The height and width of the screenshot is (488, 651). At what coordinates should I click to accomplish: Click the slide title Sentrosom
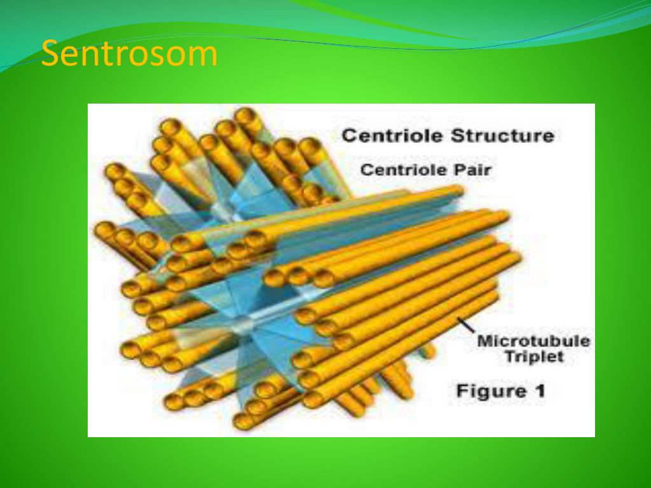tap(129, 55)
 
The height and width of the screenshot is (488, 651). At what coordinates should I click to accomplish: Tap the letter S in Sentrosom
tap(49, 55)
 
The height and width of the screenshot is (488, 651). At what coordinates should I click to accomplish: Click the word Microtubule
tap(533, 341)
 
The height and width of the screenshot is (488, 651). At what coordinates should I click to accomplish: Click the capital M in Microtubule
tap(484, 341)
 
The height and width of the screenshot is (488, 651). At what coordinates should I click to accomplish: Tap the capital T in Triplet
tap(509, 357)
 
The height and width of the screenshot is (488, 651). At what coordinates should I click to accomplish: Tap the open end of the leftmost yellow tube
tap(104, 229)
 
